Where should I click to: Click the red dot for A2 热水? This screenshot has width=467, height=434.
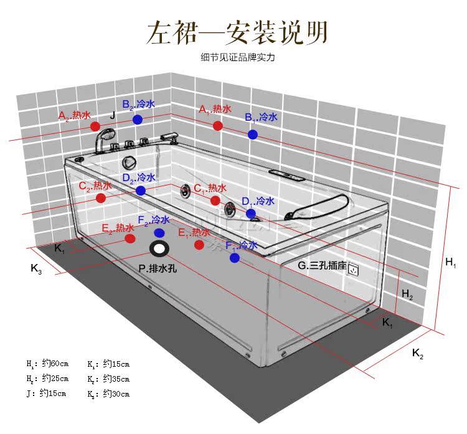coord(95,126)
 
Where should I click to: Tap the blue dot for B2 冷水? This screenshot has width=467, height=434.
coord(138,119)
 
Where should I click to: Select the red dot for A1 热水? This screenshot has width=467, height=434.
coord(217,126)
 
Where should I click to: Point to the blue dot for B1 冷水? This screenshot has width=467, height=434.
coord(252,134)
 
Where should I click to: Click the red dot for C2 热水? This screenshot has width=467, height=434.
coord(101,198)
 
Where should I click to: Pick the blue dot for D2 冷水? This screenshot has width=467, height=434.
coord(141,191)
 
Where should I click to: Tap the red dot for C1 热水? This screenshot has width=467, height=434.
coord(215,200)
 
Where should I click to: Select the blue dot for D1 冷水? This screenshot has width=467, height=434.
coord(250,214)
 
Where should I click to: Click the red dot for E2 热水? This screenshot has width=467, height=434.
coord(130,238)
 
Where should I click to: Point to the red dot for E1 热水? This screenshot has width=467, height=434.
coord(199,245)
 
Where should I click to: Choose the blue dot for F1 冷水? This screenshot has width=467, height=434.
coord(234,257)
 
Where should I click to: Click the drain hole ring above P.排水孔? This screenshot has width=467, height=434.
coord(159,249)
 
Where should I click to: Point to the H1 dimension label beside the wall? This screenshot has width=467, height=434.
coord(451,263)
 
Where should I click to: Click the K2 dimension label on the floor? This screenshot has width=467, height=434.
coord(418,355)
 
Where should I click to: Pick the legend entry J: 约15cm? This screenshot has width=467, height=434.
coord(47,394)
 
